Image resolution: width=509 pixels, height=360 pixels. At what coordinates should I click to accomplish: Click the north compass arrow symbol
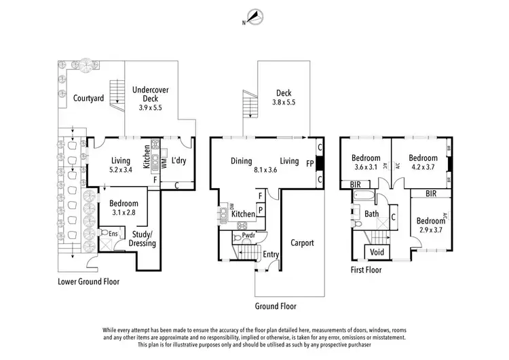(x=254, y=17)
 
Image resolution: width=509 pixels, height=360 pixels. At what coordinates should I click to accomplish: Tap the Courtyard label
(x=88, y=98)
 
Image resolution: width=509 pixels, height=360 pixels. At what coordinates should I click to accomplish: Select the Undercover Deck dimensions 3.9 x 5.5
(x=150, y=107)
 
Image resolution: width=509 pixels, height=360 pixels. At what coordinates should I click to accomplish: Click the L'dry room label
(x=178, y=161)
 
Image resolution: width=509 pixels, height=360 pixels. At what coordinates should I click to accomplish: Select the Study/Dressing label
(x=142, y=238)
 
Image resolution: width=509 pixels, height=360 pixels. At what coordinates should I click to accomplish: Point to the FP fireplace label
(x=311, y=163)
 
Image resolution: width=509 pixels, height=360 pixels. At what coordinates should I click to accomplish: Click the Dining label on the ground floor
(x=241, y=161)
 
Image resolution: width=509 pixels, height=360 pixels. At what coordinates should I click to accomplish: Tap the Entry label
(x=271, y=254)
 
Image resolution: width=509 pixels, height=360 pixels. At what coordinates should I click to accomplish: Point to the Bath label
(x=371, y=214)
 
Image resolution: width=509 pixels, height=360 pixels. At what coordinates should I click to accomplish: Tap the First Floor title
(x=365, y=270)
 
